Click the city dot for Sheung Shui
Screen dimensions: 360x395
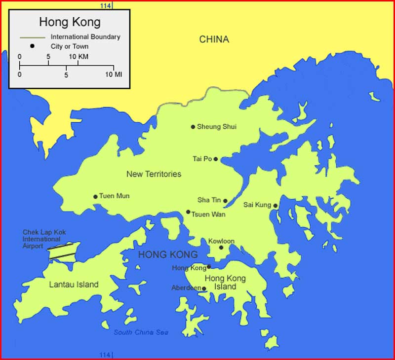[193, 127]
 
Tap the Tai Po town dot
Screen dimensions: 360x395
[216, 159]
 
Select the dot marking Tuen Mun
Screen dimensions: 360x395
[95, 196]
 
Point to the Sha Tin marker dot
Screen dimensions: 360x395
[225, 201]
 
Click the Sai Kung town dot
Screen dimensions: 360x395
[276, 206]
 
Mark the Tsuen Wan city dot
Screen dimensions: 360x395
[188, 212]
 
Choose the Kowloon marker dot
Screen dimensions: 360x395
[221, 248]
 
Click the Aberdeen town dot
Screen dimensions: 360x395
[204, 289]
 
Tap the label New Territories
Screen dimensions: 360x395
[154, 174]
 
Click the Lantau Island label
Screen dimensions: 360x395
[74, 285]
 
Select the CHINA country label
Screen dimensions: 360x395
[214, 39]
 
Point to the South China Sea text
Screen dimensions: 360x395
[141, 332]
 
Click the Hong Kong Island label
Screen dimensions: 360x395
[225, 283]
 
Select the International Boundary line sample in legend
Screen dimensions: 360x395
[32, 37]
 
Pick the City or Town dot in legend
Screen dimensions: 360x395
[32, 46]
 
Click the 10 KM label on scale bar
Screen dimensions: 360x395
[79, 57]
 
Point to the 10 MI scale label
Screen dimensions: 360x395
[114, 74]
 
